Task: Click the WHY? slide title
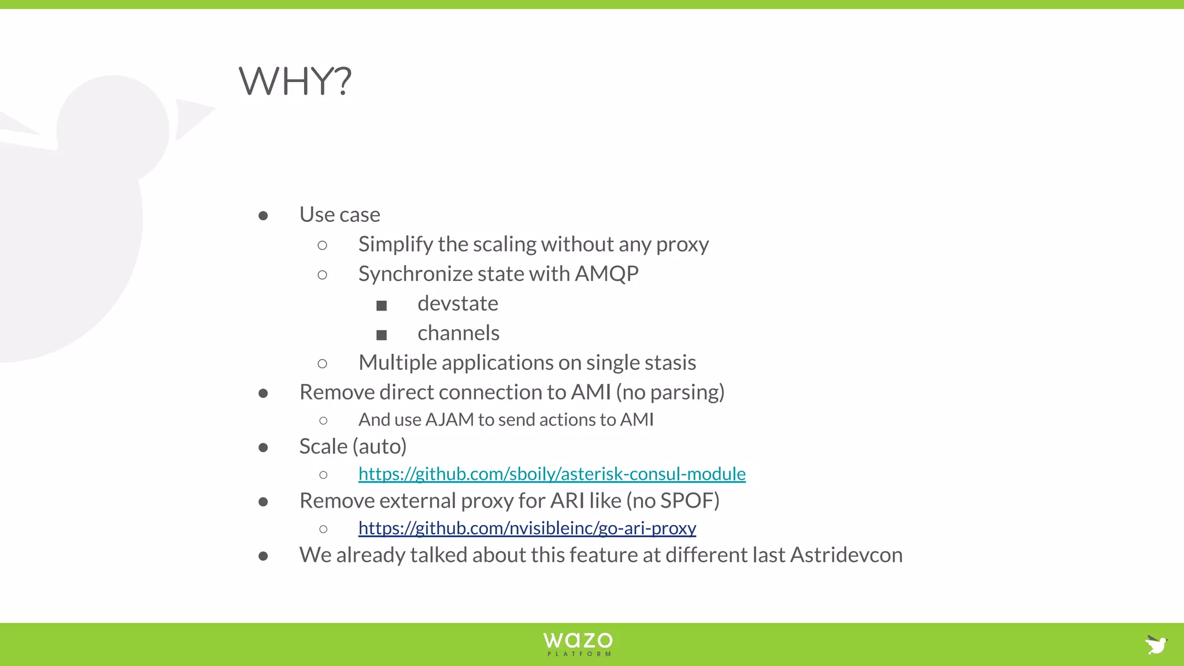point(295,81)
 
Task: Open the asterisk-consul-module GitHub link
point(552,474)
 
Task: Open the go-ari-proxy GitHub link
point(527,528)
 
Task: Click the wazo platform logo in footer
point(578,643)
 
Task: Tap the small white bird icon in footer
point(1156,644)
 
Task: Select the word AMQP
point(606,274)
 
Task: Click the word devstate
point(457,304)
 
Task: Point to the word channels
point(458,333)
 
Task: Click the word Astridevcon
point(846,555)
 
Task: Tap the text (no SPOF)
point(673,501)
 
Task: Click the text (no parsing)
point(670,393)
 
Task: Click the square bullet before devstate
point(382,305)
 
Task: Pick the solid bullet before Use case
point(263,216)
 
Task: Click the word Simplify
point(395,245)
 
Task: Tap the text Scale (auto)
point(353,446)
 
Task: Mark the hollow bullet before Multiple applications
point(323,364)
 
